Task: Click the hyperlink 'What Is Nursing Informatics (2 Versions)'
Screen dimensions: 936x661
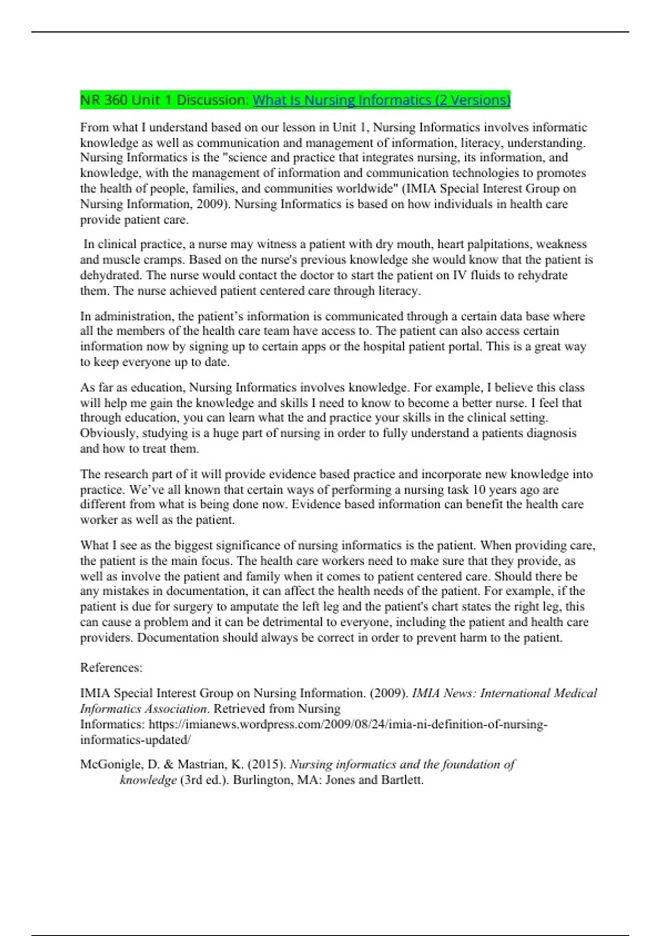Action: [x=381, y=100]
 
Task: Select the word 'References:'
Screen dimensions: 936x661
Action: [x=111, y=668]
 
